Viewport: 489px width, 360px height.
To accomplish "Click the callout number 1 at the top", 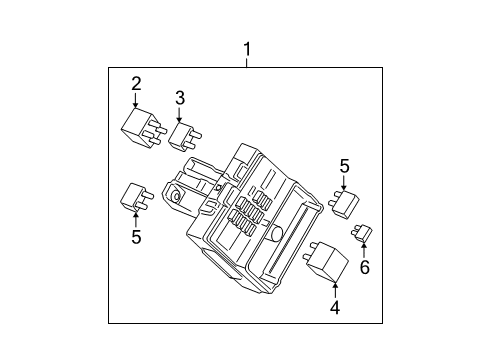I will [x=245, y=47].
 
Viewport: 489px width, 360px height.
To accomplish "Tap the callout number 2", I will [x=136, y=84].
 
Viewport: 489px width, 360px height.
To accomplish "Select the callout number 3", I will [x=180, y=98].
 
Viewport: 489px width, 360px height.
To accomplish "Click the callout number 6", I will [x=364, y=267].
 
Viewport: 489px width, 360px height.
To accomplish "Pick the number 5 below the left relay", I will [x=135, y=238].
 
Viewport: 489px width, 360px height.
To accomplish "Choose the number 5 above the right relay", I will [x=344, y=167].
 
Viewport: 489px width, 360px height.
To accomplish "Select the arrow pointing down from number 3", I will [x=180, y=114].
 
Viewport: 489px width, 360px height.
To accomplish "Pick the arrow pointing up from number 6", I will [x=364, y=251].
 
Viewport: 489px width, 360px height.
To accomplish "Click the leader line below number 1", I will [x=245, y=61].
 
